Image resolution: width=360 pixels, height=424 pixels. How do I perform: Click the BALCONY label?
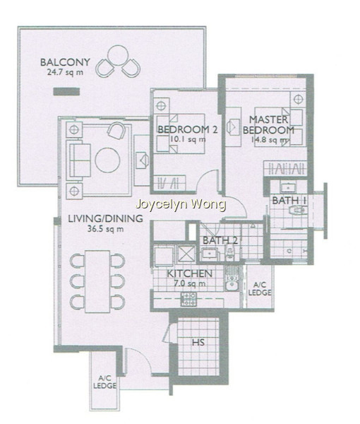coord(65,62)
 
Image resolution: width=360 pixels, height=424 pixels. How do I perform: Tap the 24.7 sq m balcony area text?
coord(65,72)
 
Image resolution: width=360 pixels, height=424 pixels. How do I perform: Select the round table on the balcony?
coord(118,55)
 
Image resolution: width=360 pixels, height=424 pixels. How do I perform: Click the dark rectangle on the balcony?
coord(66,92)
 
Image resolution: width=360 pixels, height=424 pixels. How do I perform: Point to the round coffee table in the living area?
coord(107,160)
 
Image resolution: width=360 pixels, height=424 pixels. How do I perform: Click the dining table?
coord(97,281)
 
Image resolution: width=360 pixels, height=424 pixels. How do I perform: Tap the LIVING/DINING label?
coord(105,218)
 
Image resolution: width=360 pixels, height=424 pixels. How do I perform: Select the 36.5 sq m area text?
coord(106,229)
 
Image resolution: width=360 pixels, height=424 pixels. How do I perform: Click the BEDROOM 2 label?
coord(188,129)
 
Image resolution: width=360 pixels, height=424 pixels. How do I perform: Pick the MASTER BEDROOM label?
coord(268,124)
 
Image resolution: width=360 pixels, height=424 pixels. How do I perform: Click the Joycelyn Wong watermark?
coord(181,205)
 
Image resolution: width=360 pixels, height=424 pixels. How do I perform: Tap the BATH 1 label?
coord(289,201)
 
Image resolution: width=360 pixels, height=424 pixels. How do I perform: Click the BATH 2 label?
coord(220,240)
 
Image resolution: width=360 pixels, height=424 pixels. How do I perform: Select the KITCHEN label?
coord(189,273)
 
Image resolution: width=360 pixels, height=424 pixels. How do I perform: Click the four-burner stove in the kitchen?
coord(188,299)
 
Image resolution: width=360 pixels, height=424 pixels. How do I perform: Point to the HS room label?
coord(198,343)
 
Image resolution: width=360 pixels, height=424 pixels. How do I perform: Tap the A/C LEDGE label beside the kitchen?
coord(260,288)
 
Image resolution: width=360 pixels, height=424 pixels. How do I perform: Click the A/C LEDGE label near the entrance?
coord(104,382)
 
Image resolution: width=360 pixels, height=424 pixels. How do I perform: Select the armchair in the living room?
coord(116,130)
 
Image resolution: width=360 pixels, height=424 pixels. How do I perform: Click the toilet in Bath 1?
coord(297,210)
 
